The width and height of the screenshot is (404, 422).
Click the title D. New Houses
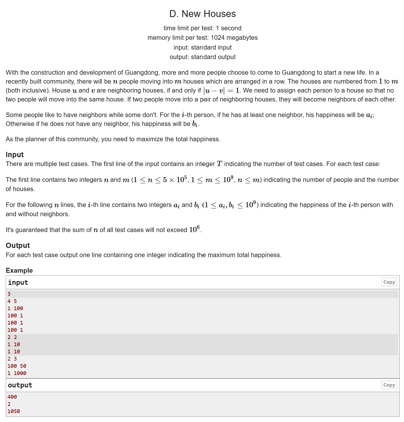[202, 14]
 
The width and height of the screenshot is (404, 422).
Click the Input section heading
[15, 155]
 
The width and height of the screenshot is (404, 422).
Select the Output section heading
[18, 246]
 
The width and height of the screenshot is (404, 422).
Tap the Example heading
[19, 270]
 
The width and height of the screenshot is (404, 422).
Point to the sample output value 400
[12, 397]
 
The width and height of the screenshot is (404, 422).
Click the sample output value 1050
[14, 411]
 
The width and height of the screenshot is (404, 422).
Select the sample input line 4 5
[12, 301]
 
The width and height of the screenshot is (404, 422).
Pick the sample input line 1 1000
[17, 373]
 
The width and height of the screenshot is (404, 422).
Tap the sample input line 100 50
[17, 366]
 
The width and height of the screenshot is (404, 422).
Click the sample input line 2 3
[12, 359]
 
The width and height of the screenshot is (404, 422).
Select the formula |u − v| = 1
[221, 91]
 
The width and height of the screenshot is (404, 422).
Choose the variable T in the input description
[220, 164]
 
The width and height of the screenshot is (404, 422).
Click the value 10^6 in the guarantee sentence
[195, 230]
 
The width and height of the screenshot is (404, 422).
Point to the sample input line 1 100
[15, 308]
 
